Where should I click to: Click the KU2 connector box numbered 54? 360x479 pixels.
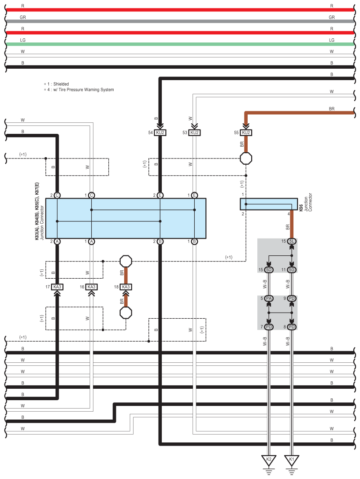tap(160, 133)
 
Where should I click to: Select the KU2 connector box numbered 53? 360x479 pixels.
tap(194, 133)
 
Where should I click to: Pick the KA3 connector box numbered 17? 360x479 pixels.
tap(57, 287)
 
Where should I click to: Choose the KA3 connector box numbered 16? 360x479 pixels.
tap(91, 287)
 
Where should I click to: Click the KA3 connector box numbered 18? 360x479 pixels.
tap(126, 287)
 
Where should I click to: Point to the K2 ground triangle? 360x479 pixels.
tap(269, 460)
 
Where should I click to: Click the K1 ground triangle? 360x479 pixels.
tap(291, 460)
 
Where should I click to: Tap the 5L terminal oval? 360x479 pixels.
tap(291, 241)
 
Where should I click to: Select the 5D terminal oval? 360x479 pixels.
tap(269, 269)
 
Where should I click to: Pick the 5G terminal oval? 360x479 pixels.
tap(291, 269)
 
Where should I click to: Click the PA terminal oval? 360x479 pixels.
tap(269, 298)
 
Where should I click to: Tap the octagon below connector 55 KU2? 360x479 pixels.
tap(245, 158)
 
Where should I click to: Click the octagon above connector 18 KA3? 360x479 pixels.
tap(126, 261)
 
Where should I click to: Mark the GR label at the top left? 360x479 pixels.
tap(23, 17)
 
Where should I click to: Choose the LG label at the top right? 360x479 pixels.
tap(331, 40)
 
